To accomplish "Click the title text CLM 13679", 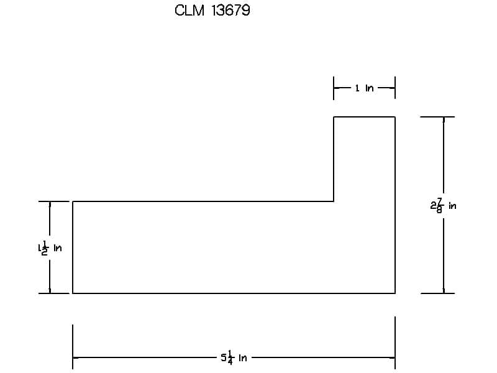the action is [212, 11].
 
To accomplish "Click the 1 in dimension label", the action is [364, 88].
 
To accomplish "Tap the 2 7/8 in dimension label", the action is [443, 206].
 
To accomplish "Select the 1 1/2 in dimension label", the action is [50, 247].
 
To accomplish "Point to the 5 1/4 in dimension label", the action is [234, 358].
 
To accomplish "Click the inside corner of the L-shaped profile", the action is [334, 201].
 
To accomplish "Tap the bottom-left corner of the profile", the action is [73, 293].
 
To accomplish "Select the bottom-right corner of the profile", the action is [395, 293].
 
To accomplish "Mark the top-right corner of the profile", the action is [395, 117].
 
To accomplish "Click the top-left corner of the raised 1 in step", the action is [334, 117].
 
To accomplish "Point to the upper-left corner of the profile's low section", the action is [73, 201].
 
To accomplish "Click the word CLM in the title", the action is [189, 11].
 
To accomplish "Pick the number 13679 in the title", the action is [230, 11].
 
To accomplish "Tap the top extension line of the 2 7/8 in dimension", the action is [437, 117].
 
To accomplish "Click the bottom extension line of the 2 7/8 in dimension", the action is [437, 293].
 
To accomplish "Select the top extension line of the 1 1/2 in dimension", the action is [53, 201].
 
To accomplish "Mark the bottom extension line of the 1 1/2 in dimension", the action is [53, 293].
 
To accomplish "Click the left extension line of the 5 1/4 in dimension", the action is [73, 347].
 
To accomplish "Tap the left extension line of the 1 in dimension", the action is [334, 88].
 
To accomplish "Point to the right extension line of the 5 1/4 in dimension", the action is [395, 343].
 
